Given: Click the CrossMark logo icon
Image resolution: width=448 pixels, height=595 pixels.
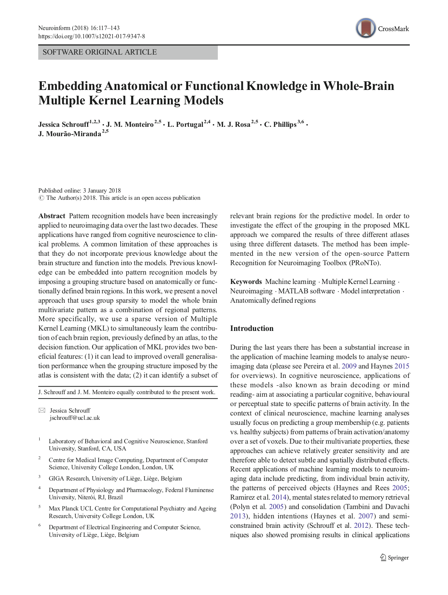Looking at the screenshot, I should pos(366,28).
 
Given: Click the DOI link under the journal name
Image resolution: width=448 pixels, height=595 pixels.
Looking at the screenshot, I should pos(92,36).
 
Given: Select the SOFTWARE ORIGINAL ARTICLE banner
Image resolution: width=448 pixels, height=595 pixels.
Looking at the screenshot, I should pos(128,52).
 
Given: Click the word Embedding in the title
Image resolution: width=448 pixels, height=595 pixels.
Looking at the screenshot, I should pos(70,86).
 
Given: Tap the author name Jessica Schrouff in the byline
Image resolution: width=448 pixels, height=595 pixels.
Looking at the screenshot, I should pos(64,125).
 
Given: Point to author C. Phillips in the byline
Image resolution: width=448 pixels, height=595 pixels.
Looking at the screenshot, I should pos(280,125).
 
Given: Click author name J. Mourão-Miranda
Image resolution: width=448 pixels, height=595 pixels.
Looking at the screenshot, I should pos(70,134).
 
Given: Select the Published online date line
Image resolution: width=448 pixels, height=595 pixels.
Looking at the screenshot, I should pos(79,190).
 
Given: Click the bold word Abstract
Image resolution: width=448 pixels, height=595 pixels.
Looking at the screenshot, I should pos(52,216).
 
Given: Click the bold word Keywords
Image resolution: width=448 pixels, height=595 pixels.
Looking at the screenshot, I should pos(246,282).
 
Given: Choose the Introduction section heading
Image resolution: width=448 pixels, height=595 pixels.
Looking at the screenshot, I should pos(252,328).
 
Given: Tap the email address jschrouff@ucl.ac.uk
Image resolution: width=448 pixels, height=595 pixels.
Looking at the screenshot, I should pos(75,418).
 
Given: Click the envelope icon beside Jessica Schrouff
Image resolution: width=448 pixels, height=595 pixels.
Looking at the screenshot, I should pos(42,410).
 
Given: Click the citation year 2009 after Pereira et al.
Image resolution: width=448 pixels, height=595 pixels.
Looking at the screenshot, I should pos(349,366).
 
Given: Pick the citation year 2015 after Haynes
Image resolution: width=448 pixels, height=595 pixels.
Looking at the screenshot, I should pos(402,366).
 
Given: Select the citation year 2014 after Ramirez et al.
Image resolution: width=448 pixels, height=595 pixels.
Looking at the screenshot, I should pos(279,497).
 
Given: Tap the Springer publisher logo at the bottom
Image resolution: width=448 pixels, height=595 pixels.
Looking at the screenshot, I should pos(394,558).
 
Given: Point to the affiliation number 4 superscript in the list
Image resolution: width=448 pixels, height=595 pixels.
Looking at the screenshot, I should pos(40,488).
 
